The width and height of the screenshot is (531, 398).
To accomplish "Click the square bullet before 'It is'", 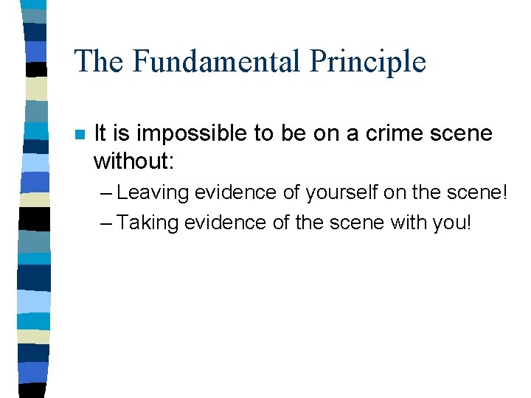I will [79, 135].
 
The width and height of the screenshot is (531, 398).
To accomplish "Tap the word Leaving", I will [151, 193].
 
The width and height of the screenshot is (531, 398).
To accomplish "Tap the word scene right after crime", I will [459, 133].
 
